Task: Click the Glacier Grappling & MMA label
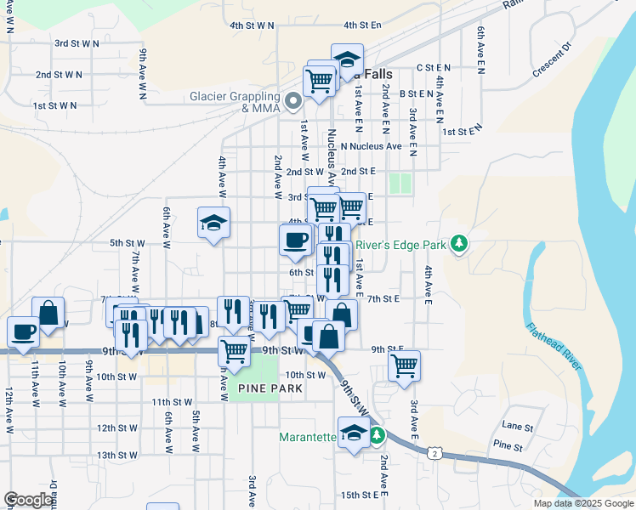pos(236,102)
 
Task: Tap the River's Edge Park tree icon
pos(460,245)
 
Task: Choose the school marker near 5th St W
pos(214,224)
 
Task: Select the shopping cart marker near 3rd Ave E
pos(405,365)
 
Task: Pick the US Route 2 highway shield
pos(434,455)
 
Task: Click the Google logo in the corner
pos(29,500)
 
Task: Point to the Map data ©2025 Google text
pos(583,503)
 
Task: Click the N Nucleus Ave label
pos(370,146)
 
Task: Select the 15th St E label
pos(359,494)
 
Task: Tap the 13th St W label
pos(117,455)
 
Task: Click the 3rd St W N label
pos(79,42)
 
